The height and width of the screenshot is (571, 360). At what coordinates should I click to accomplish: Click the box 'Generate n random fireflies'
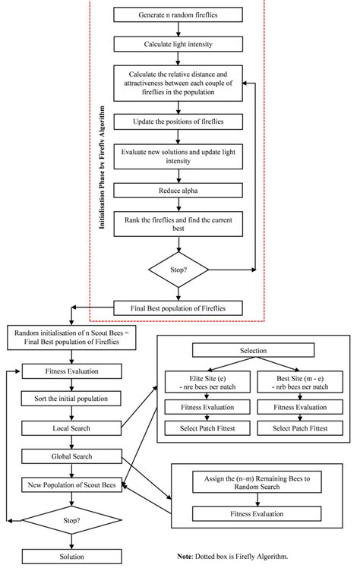click(x=178, y=15)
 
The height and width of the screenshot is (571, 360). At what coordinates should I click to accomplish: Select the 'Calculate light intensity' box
click(x=178, y=46)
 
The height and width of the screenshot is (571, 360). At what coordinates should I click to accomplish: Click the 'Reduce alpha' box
click(x=178, y=191)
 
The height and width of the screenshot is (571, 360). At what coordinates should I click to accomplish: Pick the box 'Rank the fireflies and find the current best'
click(x=178, y=223)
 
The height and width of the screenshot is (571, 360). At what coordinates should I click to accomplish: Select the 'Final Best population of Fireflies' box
click(x=178, y=308)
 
